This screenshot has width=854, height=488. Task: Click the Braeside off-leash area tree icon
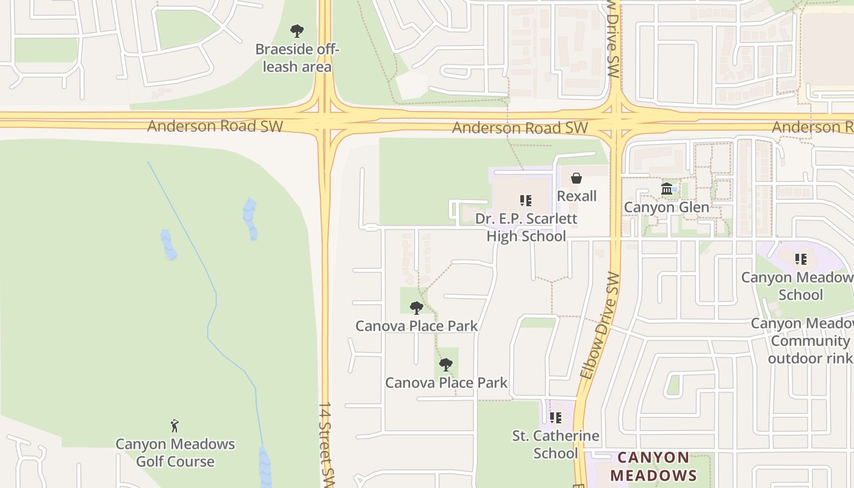point(297,30)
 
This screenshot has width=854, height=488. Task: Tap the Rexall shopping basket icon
point(576,178)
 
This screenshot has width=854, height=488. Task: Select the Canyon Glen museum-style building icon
point(666,189)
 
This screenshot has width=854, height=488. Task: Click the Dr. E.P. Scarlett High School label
point(526,227)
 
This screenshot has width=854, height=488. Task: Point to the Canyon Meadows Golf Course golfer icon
point(175,425)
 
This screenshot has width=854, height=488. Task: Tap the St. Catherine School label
point(555,444)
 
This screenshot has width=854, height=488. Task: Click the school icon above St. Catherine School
point(555,418)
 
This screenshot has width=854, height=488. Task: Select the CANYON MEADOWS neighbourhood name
point(653,466)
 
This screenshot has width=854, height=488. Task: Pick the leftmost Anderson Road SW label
point(215,126)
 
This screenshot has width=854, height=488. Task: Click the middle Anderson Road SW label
point(520,127)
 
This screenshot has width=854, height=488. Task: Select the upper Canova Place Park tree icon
point(417,307)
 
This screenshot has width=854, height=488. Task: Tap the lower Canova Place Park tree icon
point(446,365)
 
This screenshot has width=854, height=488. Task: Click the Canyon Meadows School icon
point(801,259)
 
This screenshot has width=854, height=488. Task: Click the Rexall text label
point(576,196)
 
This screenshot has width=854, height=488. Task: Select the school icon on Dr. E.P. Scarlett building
point(526,200)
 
